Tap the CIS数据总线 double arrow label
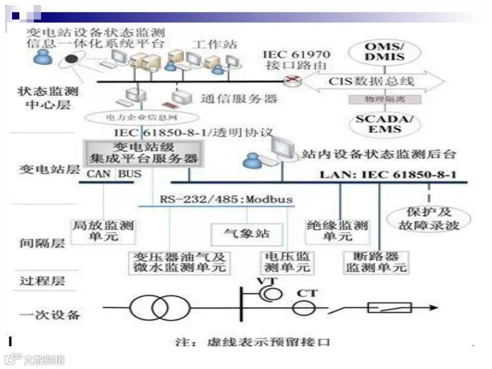[x=372, y=81]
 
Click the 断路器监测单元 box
[x=376, y=262]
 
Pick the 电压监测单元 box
[x=287, y=262]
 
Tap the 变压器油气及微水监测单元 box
[x=179, y=262]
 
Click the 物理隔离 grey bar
[x=384, y=99]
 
